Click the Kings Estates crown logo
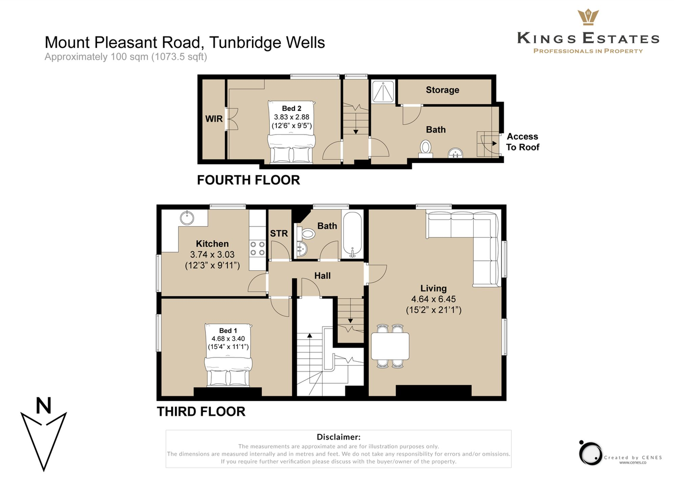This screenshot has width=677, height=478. click(588, 17)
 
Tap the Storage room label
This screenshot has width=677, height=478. click(442, 90)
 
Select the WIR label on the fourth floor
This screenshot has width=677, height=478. click(214, 119)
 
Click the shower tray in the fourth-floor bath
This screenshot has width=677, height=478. click(383, 91)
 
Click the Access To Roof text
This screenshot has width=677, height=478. click(522, 142)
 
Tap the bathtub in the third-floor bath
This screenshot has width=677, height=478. click(352, 234)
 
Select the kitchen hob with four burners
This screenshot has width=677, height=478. click(257, 248)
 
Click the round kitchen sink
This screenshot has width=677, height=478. click(187, 218)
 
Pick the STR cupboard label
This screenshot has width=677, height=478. click(279, 233)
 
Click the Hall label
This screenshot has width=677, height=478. click(322, 276)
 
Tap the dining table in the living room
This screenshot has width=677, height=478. click(390, 346)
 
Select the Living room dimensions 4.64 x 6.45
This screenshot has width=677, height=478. click(433, 299)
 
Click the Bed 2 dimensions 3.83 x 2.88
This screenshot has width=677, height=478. click(291, 117)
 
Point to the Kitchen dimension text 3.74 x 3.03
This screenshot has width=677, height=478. click(212, 254)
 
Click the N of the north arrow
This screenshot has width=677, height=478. click(43, 406)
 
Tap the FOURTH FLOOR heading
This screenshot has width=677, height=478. click(248, 180)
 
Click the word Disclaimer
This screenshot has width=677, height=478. click(338, 437)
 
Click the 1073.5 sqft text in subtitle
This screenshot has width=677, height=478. click(179, 56)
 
